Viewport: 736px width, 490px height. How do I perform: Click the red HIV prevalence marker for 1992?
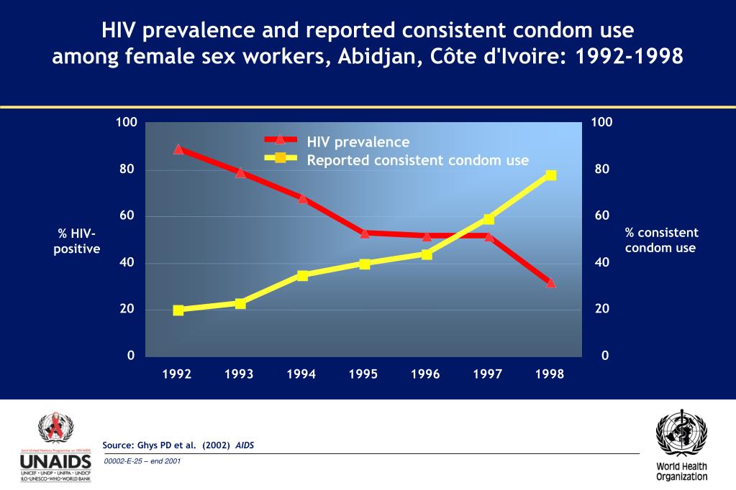point(178,149)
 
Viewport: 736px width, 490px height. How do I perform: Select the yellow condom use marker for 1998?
point(551,175)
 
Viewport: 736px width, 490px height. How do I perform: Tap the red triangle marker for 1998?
point(551,282)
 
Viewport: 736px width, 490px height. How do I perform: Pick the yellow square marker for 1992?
point(178,310)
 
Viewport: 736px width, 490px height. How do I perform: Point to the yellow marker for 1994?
point(302,275)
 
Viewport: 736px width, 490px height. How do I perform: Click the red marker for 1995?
point(365,233)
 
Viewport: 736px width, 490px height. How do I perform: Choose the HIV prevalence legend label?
point(358,142)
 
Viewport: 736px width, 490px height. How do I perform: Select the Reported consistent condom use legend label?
point(417,160)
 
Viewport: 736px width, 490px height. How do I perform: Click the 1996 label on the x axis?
point(425,374)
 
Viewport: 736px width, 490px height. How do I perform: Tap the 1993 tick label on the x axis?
point(239,374)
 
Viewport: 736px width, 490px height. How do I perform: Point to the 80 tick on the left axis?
point(127,170)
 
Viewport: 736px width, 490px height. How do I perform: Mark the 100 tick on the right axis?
point(601,122)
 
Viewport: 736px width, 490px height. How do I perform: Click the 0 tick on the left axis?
point(131,356)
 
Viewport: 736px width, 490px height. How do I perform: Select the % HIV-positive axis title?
point(77,241)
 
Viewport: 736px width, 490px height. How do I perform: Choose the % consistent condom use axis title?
point(661,240)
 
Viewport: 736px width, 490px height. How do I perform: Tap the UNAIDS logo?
point(56,447)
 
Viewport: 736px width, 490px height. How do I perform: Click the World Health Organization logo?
point(681,445)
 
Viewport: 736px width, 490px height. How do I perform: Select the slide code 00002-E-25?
point(142,461)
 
